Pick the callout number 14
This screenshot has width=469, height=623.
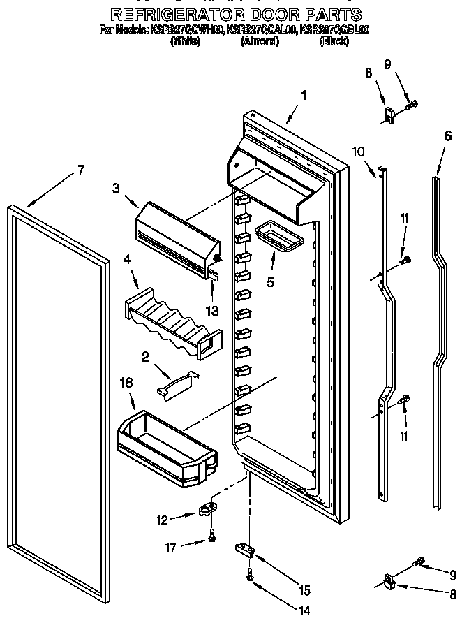coord(303,610)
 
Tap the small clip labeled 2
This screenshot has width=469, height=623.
coord(177,383)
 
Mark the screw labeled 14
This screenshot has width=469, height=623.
coord(249,574)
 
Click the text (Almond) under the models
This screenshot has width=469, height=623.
coord(260,42)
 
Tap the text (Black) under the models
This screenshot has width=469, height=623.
coord(334,42)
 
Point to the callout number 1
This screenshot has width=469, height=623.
coord(303,96)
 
